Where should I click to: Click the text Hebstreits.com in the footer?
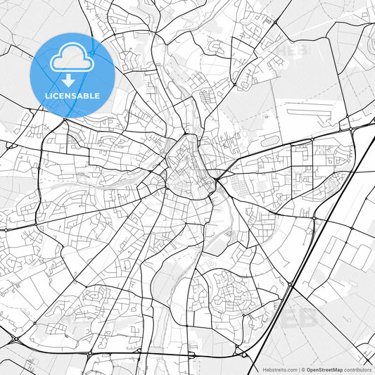280,369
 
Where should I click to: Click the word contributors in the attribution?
357,369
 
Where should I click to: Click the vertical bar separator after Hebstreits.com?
298,369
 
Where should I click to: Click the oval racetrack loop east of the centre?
271,141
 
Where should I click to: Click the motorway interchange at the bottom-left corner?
13,340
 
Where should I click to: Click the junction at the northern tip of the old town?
185,134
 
